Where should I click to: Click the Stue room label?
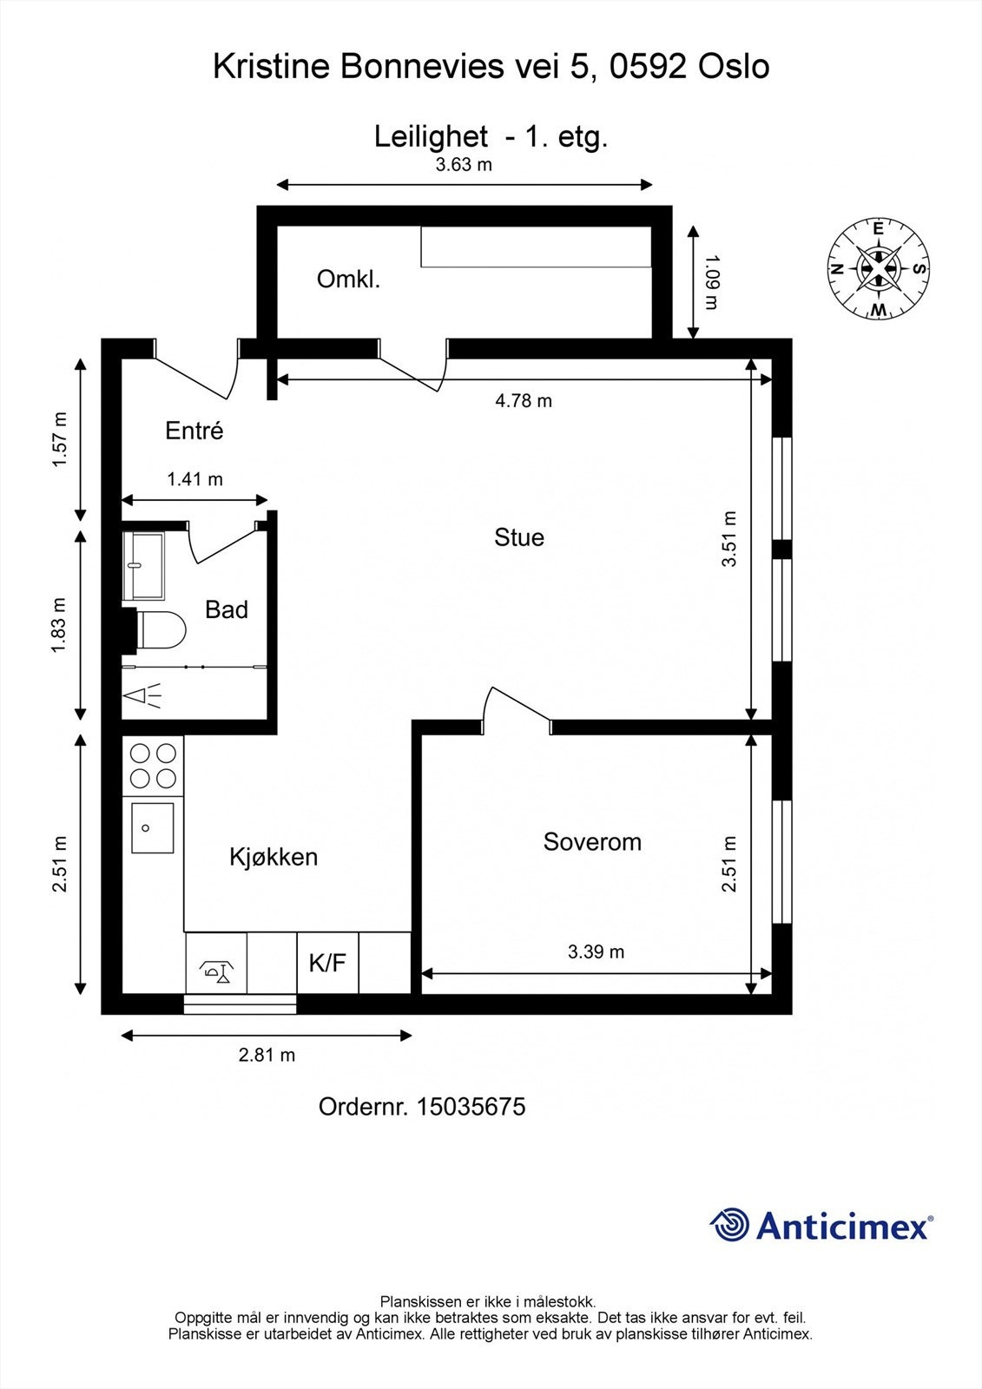(518, 537)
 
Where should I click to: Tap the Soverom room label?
(592, 841)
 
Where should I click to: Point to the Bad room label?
(227, 609)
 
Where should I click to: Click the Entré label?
(194, 431)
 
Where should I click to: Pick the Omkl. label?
(348, 279)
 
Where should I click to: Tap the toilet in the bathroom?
(160, 630)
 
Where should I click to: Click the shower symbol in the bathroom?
(142, 695)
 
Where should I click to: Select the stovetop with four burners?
(153, 766)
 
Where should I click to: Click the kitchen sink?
(152, 828)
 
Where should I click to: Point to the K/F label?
(327, 963)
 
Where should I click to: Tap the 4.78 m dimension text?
(523, 400)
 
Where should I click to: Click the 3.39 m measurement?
(596, 951)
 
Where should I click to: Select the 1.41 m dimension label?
(194, 479)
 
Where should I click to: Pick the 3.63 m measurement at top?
(464, 164)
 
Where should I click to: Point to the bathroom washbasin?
(143, 565)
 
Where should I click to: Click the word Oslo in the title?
(735, 66)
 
